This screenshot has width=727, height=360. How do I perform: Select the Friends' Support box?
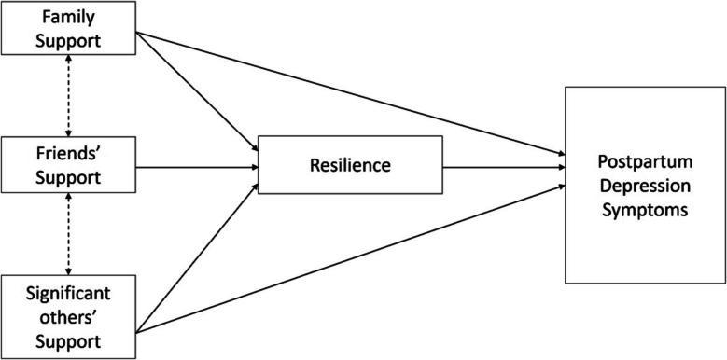point(69,165)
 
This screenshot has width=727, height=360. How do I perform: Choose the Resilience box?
point(349,165)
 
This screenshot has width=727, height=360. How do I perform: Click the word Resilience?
point(349,165)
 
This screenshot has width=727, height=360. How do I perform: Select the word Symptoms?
point(643,212)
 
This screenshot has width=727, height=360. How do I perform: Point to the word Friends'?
point(69,154)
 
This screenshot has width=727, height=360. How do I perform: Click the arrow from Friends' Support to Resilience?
point(197,168)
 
